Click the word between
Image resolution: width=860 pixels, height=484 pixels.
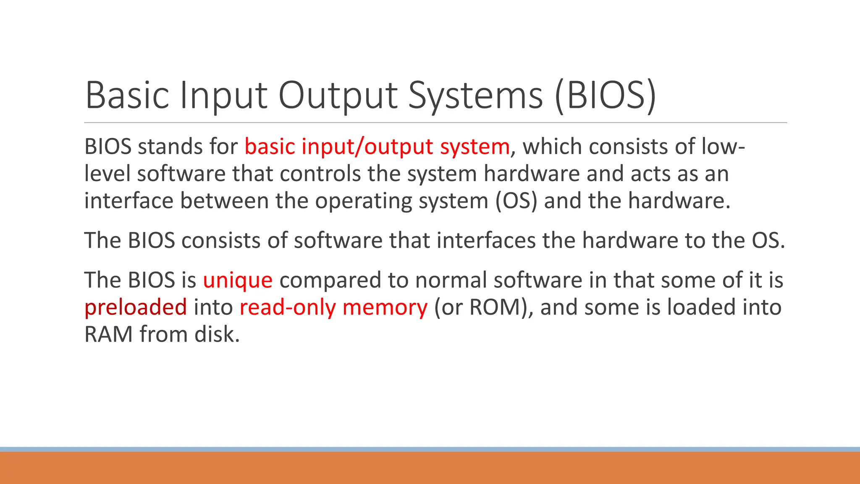(225, 200)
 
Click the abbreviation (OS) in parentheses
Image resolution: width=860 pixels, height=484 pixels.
(516, 200)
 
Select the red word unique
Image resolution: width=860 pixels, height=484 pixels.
(238, 280)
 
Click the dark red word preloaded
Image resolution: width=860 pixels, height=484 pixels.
(136, 307)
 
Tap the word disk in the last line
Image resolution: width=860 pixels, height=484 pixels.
(217, 334)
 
